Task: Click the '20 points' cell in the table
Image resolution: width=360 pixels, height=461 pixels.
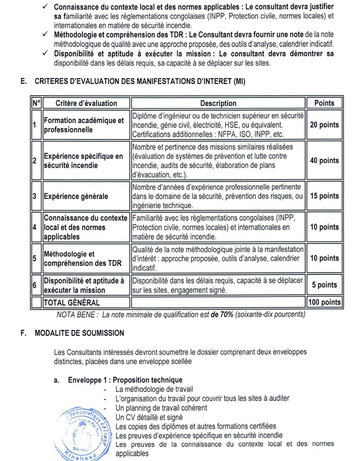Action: (x=324, y=125)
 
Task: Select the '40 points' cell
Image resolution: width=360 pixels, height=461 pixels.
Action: (x=324, y=161)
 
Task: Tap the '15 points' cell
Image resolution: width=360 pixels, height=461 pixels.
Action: (x=324, y=196)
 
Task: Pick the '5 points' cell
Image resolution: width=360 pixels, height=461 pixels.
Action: (x=324, y=285)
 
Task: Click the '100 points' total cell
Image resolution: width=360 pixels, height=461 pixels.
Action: (x=324, y=303)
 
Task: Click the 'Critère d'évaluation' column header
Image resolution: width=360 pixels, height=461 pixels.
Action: (x=86, y=103)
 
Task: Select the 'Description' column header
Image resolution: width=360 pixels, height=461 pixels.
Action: (x=218, y=103)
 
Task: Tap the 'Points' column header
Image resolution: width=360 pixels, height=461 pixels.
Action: (x=324, y=103)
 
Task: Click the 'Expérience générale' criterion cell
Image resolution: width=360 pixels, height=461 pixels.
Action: (x=75, y=196)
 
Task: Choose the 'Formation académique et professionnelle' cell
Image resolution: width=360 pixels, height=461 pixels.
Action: (x=84, y=125)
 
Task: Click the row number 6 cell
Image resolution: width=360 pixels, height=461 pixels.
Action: (x=34, y=285)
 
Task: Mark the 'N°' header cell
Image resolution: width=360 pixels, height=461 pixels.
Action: (x=35, y=103)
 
